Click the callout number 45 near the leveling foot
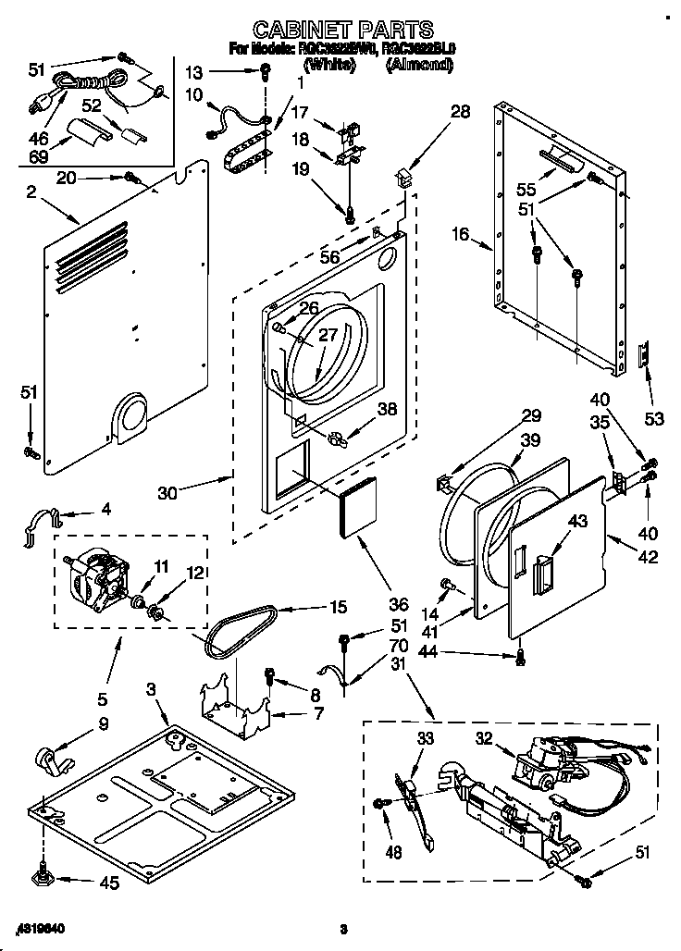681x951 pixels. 109,883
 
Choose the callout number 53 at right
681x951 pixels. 654,420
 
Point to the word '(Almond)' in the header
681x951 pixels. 420,65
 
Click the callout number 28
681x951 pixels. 460,112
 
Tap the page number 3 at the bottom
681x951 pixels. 342,929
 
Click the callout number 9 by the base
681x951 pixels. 104,724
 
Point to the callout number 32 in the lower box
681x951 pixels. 482,739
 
